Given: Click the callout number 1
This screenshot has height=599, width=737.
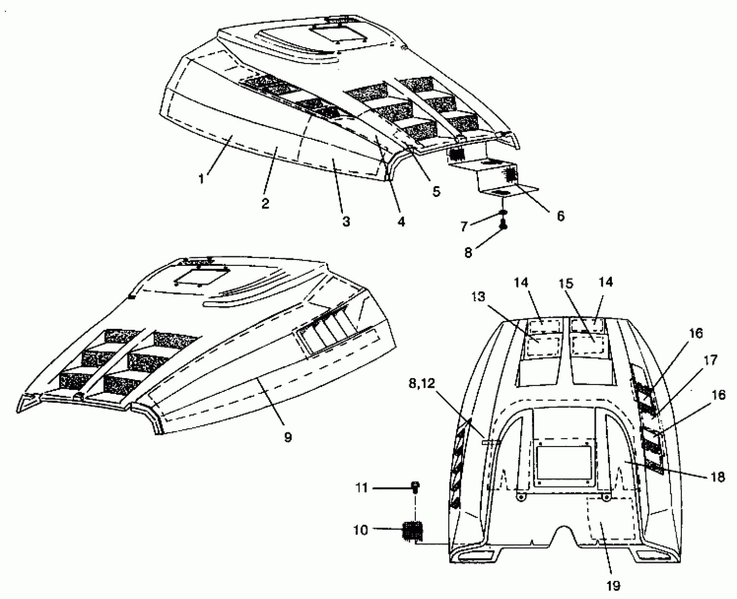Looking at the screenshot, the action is (x=201, y=179).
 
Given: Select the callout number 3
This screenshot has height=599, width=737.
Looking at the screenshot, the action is (x=346, y=222).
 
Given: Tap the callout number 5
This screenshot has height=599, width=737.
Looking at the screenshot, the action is (x=436, y=192).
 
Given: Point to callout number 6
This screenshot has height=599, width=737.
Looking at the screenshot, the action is (x=560, y=216).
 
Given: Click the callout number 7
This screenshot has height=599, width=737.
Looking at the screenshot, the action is (x=464, y=226).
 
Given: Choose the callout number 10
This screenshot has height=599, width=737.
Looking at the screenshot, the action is (x=361, y=540).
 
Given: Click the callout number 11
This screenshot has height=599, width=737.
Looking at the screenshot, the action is (x=361, y=488).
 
